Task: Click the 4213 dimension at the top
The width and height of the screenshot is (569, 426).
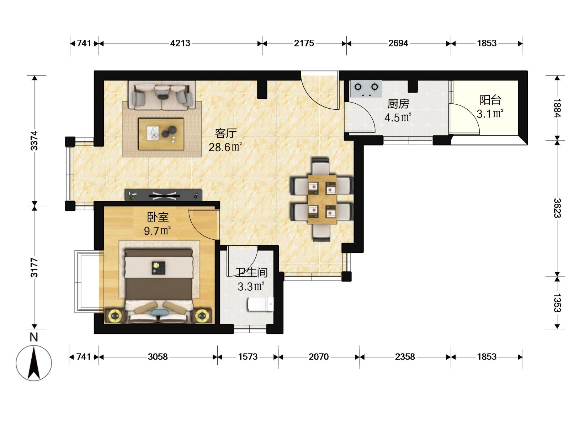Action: pos(180,43)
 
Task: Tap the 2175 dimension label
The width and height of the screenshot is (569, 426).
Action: pos(304,43)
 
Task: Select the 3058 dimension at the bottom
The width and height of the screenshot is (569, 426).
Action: pos(158,357)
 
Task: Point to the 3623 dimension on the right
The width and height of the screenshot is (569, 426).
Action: pos(557,208)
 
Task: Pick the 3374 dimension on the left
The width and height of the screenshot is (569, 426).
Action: pos(34,141)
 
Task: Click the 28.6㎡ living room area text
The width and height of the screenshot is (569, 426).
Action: pos(225,147)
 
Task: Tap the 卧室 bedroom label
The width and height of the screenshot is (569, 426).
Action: pos(158,217)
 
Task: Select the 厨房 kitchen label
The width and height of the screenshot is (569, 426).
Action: pos(398,104)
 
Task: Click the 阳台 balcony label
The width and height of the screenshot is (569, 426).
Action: pos(490,100)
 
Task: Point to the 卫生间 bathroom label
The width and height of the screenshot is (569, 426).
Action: pos(251,272)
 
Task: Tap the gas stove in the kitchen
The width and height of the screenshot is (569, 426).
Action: pos(366,89)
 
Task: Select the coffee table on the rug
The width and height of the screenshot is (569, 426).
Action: pos(161,134)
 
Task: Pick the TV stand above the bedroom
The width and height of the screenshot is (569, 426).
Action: pos(163,195)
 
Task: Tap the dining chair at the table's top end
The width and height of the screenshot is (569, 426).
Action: pos(321,166)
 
